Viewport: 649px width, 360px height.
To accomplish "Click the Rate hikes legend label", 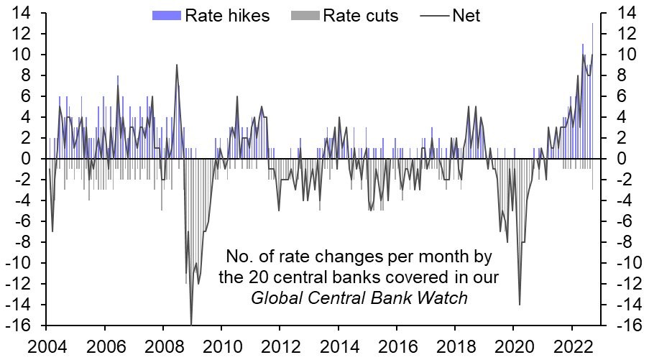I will pos(227,15).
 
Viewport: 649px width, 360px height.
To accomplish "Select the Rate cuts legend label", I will pos(360,15).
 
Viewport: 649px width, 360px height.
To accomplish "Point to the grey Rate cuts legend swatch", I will pos(303,15).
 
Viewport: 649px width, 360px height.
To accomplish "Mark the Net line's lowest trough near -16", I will pos(191,324).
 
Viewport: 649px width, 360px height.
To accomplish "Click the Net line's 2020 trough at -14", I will pos(519,304).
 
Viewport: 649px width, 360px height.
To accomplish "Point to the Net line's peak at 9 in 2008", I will pos(177,65).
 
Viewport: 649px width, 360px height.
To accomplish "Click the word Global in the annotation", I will pos(275,297).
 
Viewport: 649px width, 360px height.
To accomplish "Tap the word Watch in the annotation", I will pos(446,297).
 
